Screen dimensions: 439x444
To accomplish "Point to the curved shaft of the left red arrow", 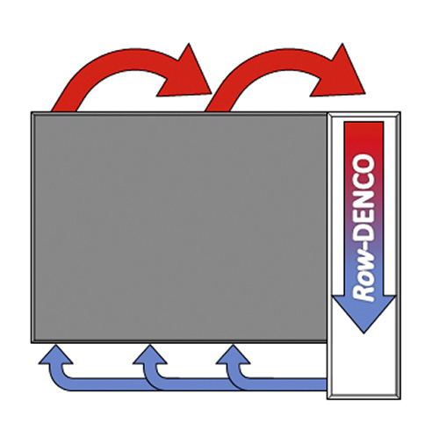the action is pos(114,60).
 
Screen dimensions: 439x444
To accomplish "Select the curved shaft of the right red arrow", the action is pos(268,60).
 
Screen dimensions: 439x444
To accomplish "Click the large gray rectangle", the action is pos(179,227).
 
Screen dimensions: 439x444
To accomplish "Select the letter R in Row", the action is pos(363,293).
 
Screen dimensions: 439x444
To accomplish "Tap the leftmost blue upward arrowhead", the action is pos(55,355).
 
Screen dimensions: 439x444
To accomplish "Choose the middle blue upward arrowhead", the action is pos(150,355).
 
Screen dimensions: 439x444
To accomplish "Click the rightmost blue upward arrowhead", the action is pos(233,355).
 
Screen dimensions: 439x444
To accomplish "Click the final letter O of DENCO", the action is pos(363,163).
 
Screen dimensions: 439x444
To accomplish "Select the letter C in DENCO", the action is pos(363,183).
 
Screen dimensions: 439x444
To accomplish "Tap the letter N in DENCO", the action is pos(363,200).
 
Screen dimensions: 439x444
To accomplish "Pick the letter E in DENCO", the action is pos(363,216).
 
